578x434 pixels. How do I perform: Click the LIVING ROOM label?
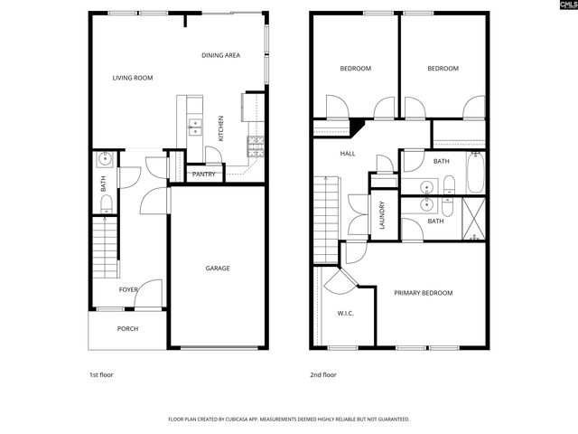pos(133,78)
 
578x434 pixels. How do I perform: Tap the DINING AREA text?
pos(220,56)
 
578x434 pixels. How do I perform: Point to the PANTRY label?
pos(204,174)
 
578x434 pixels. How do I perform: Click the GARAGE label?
pos(218,268)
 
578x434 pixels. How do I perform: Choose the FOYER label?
pos(129,289)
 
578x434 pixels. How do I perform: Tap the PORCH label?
pos(128,328)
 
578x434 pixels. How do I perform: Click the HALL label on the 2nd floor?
pos(348,154)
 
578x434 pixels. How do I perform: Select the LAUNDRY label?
pos(383,215)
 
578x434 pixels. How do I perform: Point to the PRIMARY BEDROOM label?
pos(423,293)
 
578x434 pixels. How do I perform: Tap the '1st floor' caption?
pos(101,374)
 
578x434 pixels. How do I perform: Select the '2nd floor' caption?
pos(323,374)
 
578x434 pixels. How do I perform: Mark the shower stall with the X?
pos(475,216)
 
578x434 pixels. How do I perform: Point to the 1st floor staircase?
pos(106,250)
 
